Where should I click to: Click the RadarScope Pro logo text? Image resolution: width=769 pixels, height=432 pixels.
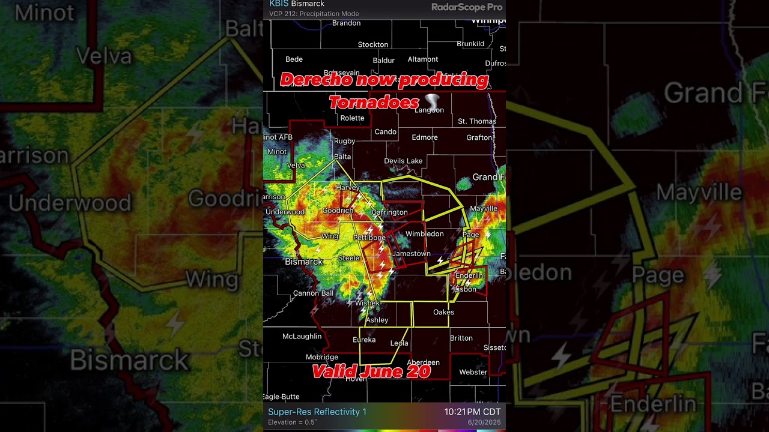point(466,7)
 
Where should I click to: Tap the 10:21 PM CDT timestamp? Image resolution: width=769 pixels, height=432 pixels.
point(472,412)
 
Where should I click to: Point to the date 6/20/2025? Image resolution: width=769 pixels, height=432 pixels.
point(484,422)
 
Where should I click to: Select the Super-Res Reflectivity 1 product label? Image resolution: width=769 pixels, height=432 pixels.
point(317,412)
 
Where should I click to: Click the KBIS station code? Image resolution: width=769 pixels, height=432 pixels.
point(279,4)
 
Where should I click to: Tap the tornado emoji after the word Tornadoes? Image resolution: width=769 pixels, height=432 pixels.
point(433,101)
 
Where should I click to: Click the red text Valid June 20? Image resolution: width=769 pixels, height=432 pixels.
point(371,371)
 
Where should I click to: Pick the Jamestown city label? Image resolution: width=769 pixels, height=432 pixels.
point(411,254)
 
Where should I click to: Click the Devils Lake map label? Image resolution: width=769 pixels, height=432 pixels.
point(403,161)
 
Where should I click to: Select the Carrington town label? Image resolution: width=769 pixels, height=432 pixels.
point(389,212)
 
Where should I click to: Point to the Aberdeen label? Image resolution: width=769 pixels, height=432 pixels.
point(423,362)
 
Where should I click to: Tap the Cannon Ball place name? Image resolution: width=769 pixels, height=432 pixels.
point(313,293)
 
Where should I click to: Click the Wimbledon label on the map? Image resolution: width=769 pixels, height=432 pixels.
point(424,234)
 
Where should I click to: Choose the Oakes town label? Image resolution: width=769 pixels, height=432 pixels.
point(443,312)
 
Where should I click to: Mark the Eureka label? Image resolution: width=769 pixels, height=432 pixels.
point(363,340)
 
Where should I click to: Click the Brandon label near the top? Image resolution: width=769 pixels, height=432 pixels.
point(346,23)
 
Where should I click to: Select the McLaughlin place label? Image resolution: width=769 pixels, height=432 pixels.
point(302,337)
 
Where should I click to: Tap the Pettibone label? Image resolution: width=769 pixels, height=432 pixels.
point(369,238)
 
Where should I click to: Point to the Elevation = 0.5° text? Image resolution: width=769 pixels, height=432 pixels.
point(292,422)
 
